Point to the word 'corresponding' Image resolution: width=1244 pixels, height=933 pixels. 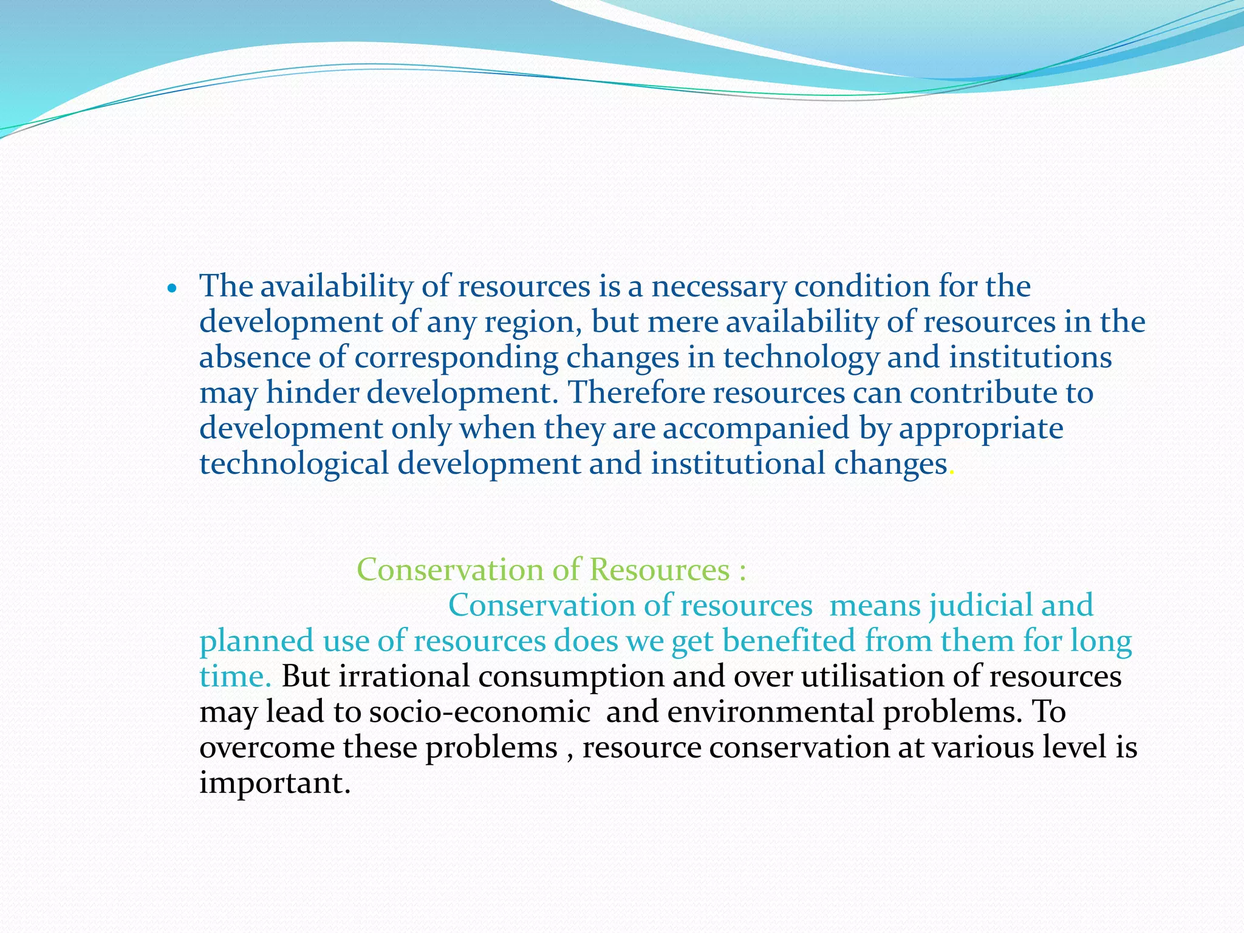click(456, 358)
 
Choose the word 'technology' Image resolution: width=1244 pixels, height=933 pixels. click(801, 358)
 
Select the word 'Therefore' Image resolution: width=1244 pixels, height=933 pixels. click(636, 392)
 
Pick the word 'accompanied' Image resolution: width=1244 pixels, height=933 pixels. click(756, 429)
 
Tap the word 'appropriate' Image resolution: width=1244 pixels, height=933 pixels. click(981, 429)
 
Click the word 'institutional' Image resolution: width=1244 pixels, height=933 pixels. click(737, 463)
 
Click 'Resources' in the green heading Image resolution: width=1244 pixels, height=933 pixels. click(659, 570)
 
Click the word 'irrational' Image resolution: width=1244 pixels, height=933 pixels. click(404, 676)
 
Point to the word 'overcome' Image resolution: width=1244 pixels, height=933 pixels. click(266, 747)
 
